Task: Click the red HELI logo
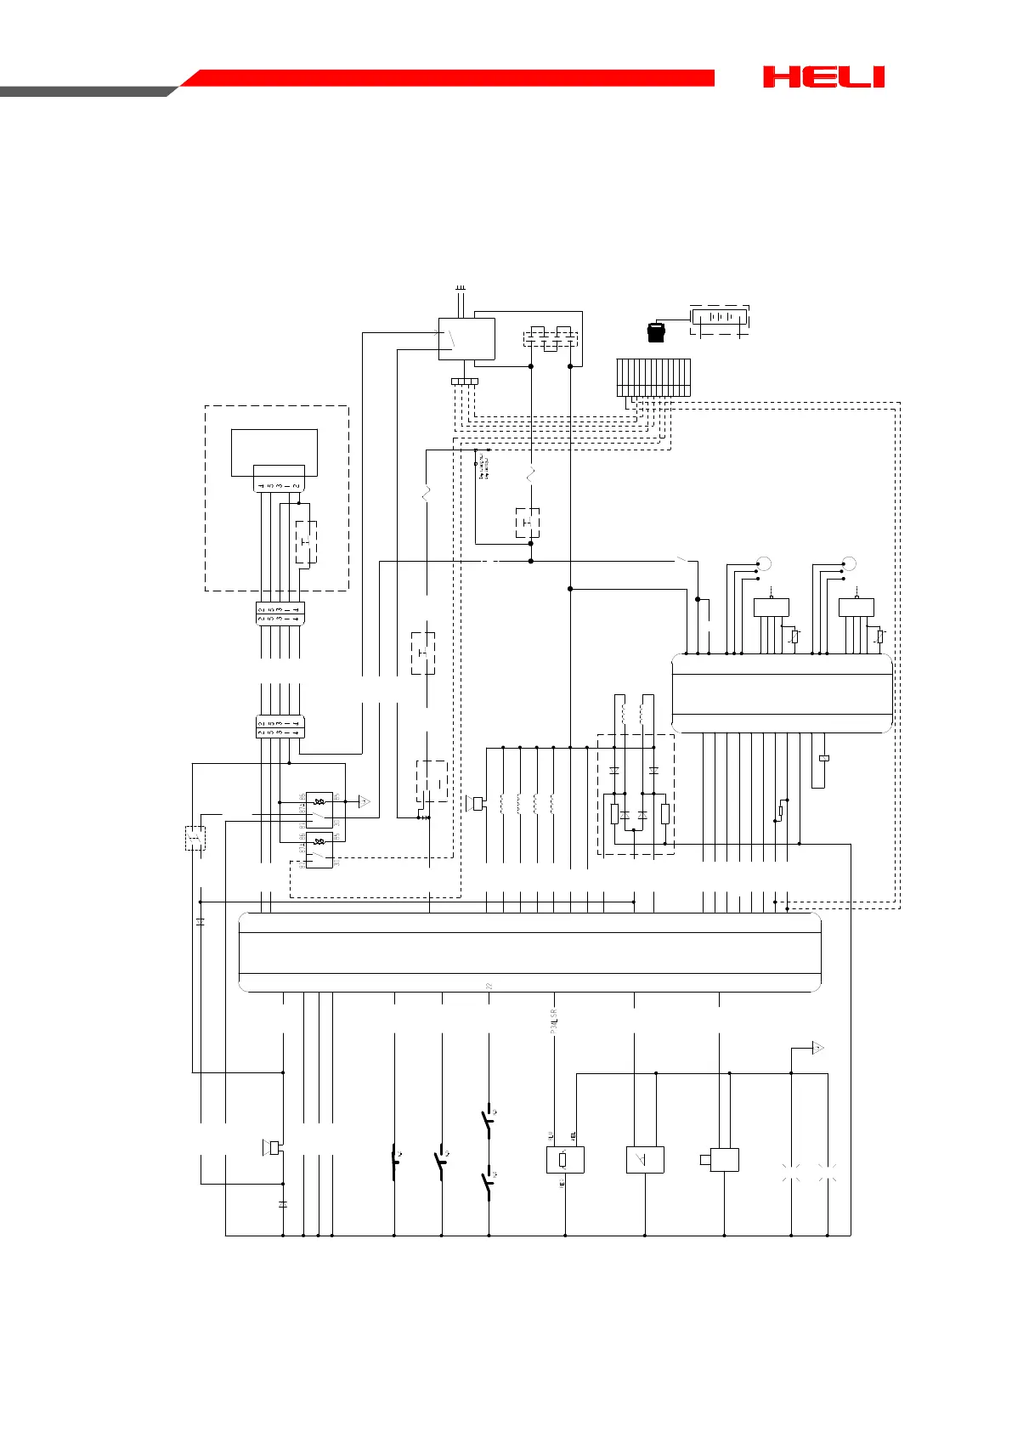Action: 823,77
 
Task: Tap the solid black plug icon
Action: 655,331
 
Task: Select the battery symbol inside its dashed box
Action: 720,317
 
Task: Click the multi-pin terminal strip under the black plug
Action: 653,377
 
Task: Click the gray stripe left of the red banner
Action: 85,91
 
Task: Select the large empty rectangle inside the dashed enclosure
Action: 274,452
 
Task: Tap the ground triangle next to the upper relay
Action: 365,801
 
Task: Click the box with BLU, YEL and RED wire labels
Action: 565,1160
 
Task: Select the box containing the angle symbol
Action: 645,1160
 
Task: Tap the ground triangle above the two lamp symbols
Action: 817,1048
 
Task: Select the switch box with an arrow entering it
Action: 466,339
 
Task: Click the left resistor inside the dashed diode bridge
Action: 614,814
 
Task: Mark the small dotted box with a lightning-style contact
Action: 195,838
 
